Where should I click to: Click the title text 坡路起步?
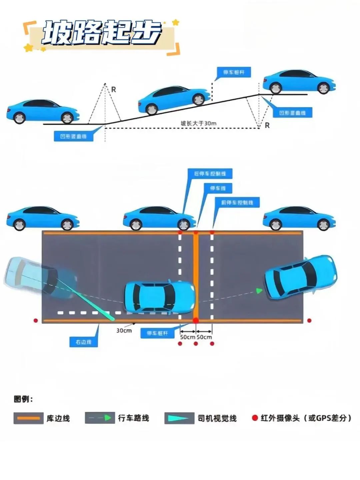(102, 33)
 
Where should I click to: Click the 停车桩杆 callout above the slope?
(234, 72)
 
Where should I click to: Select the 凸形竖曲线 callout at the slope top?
(292, 113)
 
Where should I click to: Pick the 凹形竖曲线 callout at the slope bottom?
(73, 136)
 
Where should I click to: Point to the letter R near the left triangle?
(114, 90)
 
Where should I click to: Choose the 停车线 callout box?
(218, 188)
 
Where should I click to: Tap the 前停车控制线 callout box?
(237, 202)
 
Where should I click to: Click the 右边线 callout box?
(83, 342)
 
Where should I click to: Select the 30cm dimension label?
(124, 331)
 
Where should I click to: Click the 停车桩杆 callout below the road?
(157, 333)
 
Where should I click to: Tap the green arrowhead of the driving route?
(259, 291)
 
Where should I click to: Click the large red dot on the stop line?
(196, 321)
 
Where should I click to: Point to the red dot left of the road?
(36, 321)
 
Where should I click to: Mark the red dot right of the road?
(309, 321)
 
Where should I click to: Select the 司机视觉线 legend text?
(217, 418)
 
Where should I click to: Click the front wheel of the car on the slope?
(199, 99)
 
